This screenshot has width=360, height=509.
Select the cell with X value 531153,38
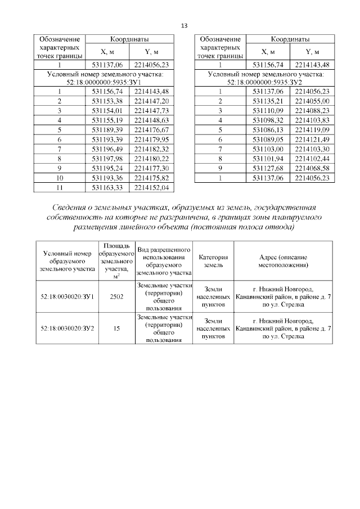[107, 101]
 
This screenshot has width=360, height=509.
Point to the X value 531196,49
[107, 148]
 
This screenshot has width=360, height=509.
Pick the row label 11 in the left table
[59, 187]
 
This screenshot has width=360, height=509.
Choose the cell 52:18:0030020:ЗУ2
[67, 328]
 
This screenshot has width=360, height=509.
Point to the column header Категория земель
[213, 260]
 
